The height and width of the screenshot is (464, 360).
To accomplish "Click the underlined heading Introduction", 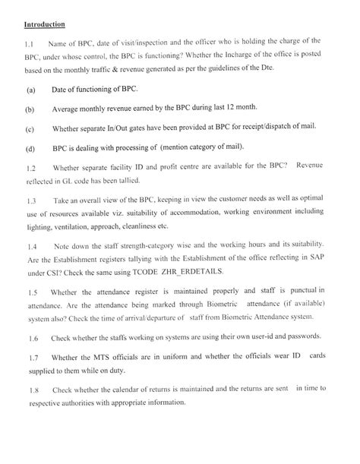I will tap(43, 24).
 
